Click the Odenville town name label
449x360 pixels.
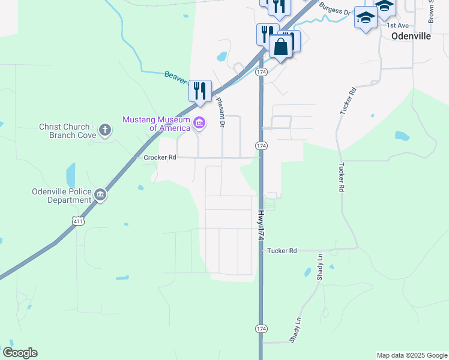411,36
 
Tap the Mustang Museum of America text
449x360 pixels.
156,123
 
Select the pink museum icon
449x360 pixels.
200,125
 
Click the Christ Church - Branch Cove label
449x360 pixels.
66,131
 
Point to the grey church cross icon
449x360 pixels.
104,130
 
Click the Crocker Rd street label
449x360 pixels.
160,157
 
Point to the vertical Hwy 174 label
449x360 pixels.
261,226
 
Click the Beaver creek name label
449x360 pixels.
175,77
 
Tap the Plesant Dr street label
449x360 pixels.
220,112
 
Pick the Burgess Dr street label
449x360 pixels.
334,8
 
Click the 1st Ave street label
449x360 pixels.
397,26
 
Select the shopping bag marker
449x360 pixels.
280,46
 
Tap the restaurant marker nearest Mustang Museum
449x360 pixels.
200,91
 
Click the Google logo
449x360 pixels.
20,353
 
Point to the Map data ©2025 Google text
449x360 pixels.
412,355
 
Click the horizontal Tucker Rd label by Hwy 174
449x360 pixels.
282,251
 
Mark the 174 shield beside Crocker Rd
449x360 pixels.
261,146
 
